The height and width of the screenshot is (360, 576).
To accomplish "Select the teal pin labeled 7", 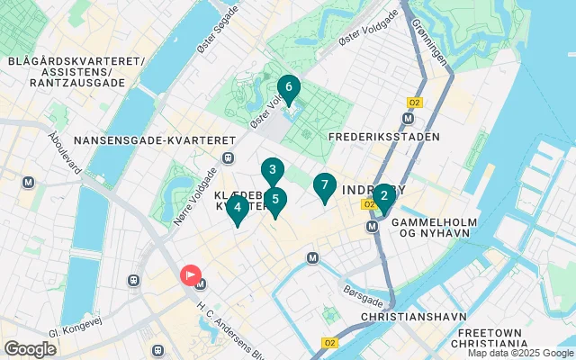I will pos(324,186).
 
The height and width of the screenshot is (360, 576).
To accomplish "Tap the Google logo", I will pos(30,349).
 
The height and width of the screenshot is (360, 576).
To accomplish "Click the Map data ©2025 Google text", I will pos(518,353).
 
